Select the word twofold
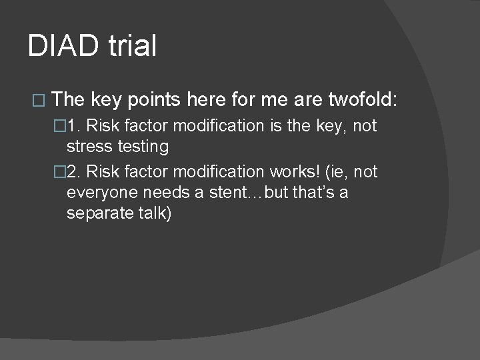362,100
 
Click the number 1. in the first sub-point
75,126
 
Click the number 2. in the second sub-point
75,172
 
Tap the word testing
142,146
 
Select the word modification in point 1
215,126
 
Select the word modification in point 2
215,172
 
